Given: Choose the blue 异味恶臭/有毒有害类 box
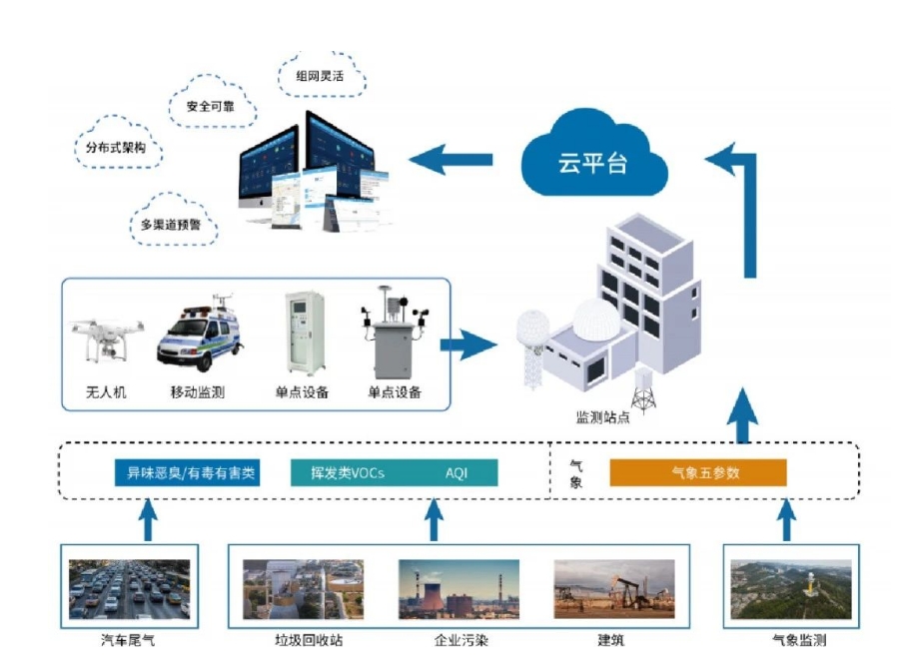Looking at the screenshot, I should click(x=187, y=472).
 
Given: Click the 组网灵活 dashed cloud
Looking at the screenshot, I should click(x=319, y=74).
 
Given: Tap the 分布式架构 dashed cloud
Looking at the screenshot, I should click(x=116, y=150).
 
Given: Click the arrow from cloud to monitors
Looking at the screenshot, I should click(x=451, y=159).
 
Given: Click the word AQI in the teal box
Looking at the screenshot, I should click(x=456, y=472).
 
